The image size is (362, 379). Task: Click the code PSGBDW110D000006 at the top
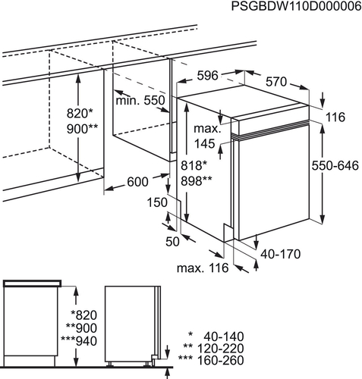click(x=297, y=6)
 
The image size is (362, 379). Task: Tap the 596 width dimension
click(x=207, y=75)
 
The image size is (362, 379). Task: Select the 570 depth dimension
click(x=276, y=82)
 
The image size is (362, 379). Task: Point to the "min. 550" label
click(x=140, y=101)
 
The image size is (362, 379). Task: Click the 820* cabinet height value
click(x=80, y=114)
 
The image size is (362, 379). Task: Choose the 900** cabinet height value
click(x=82, y=129)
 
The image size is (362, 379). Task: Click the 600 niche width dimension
click(x=137, y=182)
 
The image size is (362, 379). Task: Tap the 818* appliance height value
click(x=194, y=166)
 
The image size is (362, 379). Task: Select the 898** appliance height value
click(x=197, y=181)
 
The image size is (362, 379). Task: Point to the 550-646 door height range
click(x=335, y=166)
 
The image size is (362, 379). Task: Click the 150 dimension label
click(x=157, y=202)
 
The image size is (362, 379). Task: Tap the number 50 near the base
click(x=172, y=242)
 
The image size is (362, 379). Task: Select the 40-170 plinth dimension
click(x=281, y=254)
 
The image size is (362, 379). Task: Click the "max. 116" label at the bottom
click(x=203, y=268)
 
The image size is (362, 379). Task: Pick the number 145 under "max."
click(x=204, y=144)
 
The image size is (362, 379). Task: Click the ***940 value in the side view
click(x=79, y=341)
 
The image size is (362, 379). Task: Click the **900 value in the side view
click(x=81, y=328)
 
